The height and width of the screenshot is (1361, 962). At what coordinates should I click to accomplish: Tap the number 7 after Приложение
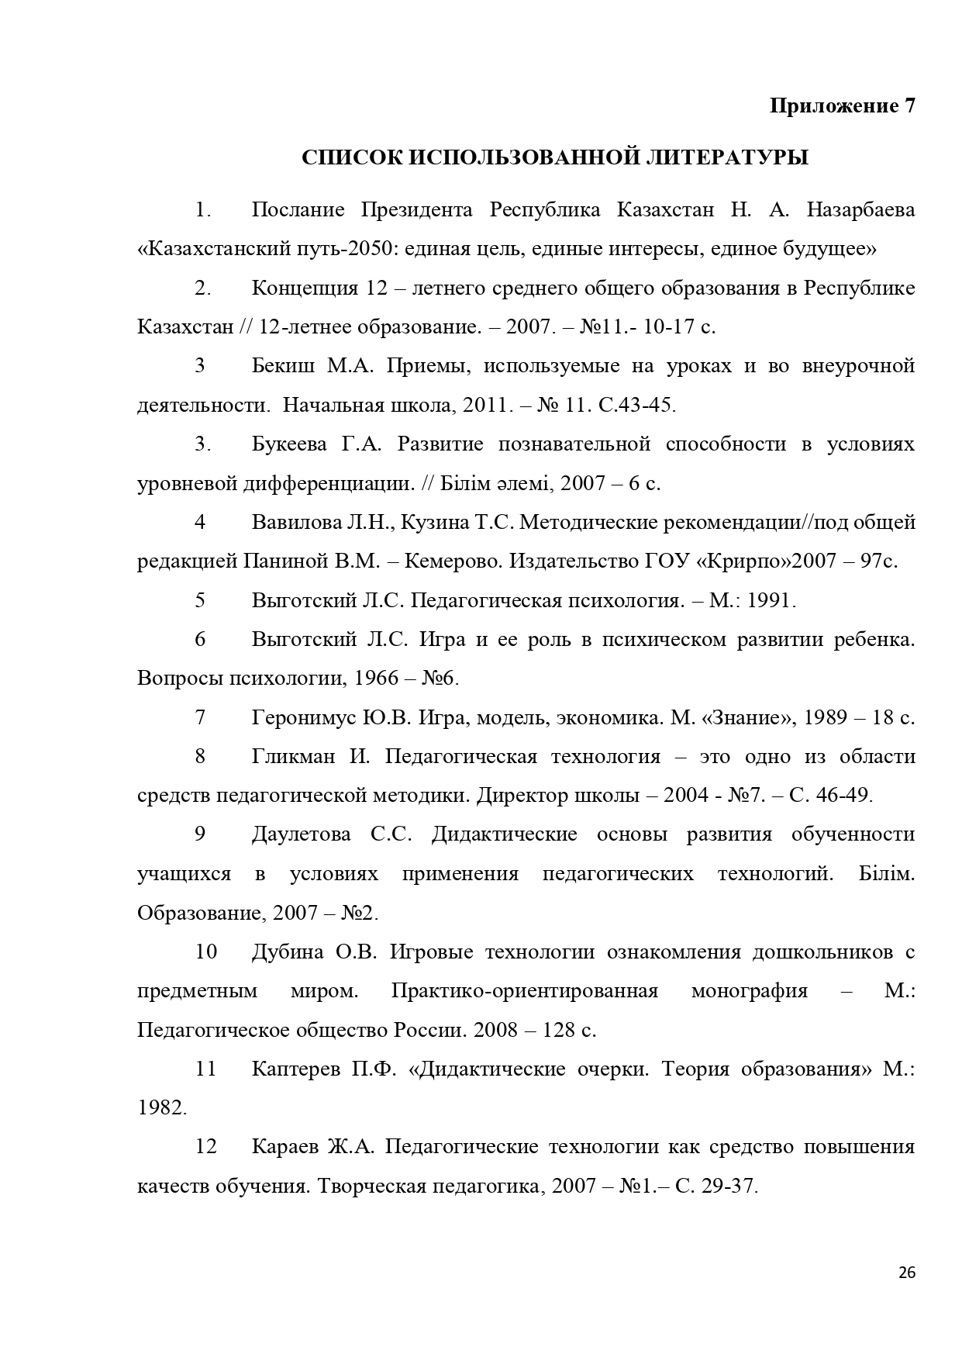[909, 105]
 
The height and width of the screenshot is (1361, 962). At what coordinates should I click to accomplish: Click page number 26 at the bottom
[907, 1273]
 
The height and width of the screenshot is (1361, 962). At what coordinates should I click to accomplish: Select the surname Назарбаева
[860, 210]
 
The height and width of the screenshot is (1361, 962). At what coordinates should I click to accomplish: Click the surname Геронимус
[305, 717]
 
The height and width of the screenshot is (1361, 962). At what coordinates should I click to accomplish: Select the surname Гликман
[293, 756]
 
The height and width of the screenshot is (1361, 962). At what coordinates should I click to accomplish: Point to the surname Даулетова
[301, 834]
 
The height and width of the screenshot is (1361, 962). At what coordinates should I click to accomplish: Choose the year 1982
[161, 1108]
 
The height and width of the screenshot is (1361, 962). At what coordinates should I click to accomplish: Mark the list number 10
[205, 952]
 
